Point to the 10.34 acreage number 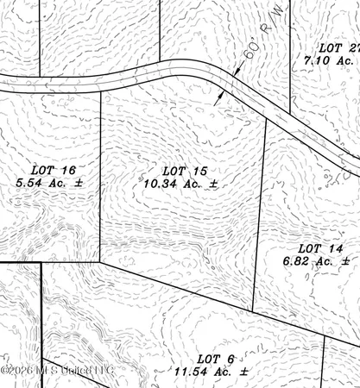(161, 183)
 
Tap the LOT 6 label (210, 358)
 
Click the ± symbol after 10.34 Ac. (212, 184)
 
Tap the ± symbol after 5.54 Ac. (79, 184)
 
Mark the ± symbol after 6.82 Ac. (345, 260)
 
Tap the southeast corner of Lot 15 (253, 313)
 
